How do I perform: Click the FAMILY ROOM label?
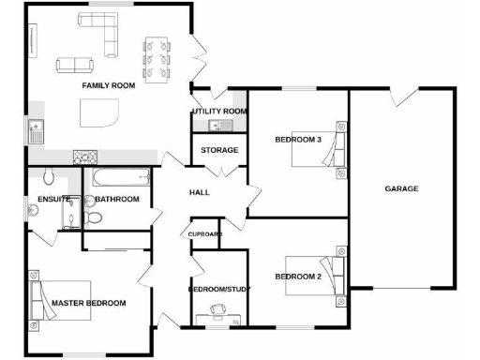point(108,85)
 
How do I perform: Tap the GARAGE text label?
point(401,188)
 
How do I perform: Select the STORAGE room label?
point(218,150)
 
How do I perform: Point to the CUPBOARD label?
point(204,233)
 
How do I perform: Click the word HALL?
point(199,192)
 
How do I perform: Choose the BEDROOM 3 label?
point(297,140)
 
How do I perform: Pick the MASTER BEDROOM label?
point(89,303)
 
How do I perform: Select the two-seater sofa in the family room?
point(75,65)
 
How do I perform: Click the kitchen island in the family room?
point(100,114)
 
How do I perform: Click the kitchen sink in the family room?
point(37,132)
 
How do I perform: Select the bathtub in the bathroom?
point(118,177)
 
